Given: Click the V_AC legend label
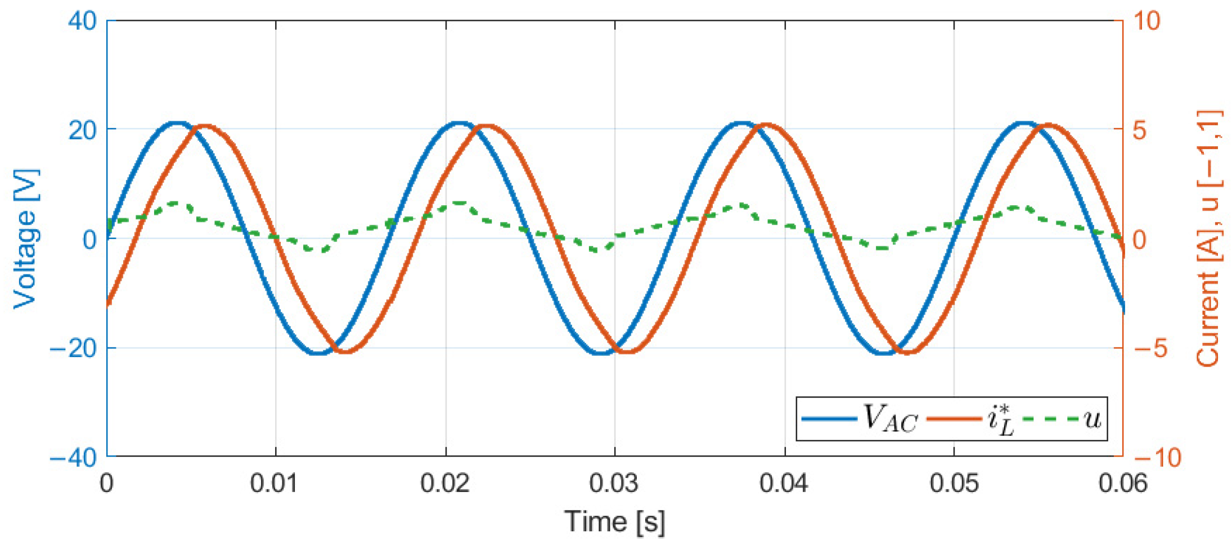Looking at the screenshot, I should coord(890,419).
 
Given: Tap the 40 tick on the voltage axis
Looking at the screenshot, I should coord(82,21).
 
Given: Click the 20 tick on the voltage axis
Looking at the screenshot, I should coord(82,130).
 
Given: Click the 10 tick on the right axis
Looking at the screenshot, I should coord(1146,21).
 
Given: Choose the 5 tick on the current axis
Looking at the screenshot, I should coord(1140,130).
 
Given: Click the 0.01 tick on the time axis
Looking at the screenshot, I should coord(275,483).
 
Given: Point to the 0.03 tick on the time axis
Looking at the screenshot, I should coord(614,483).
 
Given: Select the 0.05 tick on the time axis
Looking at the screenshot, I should coord(954,483).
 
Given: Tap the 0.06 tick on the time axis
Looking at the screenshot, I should coord(1122,483).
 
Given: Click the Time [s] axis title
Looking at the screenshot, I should coord(614,522).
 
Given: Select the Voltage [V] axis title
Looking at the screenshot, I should coord(26,239).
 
